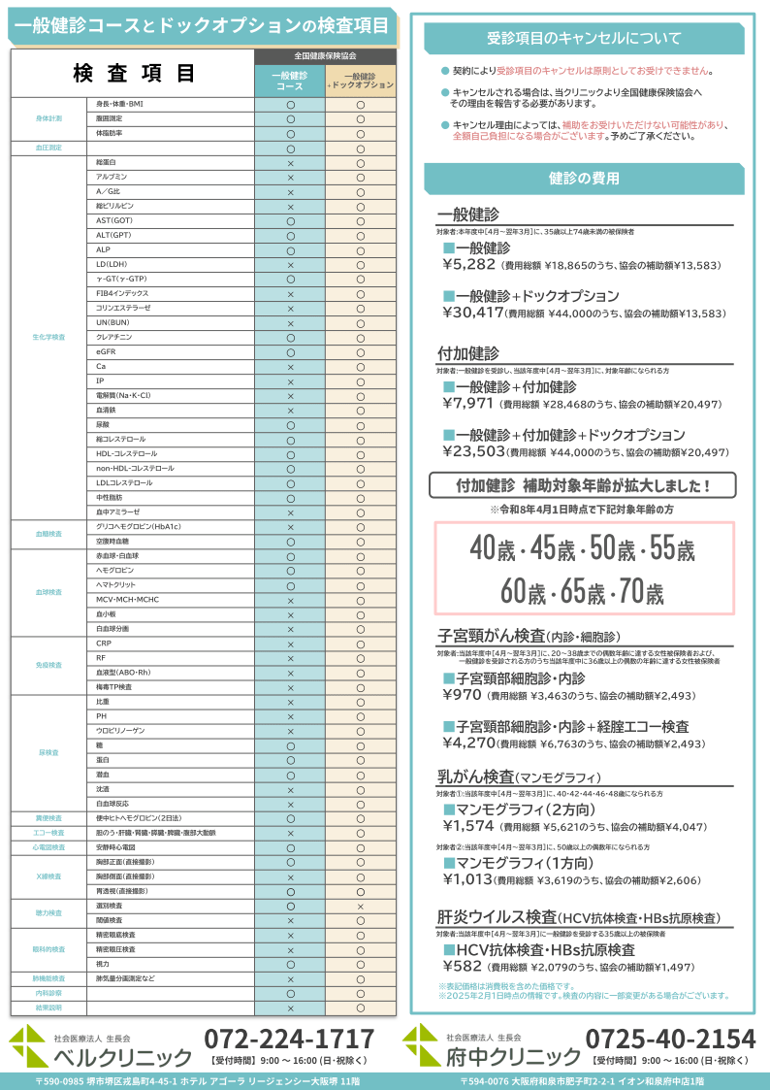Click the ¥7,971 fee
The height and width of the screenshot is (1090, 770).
[x=468, y=403]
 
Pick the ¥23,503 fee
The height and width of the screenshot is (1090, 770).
[x=473, y=451]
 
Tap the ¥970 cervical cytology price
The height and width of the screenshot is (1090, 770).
[x=462, y=695]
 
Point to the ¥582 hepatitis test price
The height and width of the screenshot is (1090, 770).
[x=462, y=967]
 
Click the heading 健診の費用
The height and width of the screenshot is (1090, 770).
[x=584, y=179]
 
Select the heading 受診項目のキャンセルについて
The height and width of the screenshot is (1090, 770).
[x=584, y=39]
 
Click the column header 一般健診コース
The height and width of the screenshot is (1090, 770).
[x=290, y=81]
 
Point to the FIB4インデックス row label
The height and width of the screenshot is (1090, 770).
[x=122, y=293]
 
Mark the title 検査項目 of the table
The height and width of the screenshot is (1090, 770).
[x=134, y=74]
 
